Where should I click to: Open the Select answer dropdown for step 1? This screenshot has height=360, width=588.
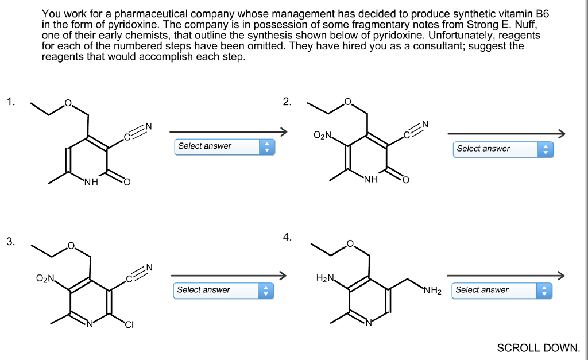225,146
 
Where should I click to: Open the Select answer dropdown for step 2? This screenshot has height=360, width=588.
503,149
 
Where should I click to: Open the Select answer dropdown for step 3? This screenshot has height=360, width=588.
223,290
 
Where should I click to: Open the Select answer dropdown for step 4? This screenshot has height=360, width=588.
502,290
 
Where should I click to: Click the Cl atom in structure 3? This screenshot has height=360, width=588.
129,326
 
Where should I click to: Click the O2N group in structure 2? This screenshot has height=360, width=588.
323,136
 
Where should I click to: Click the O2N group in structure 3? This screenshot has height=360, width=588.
45,279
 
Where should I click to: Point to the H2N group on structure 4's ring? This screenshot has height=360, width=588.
324,278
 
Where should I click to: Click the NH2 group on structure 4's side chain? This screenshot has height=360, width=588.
432,291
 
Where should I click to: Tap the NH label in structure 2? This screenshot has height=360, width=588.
370,180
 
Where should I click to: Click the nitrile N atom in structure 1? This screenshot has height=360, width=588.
148,126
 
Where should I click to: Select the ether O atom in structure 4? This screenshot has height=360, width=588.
350,245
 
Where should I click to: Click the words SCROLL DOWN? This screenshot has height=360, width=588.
539,348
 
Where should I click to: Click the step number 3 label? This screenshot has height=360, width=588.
10,242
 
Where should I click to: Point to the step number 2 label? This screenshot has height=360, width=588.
287,102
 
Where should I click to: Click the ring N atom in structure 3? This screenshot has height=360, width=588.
90,326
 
